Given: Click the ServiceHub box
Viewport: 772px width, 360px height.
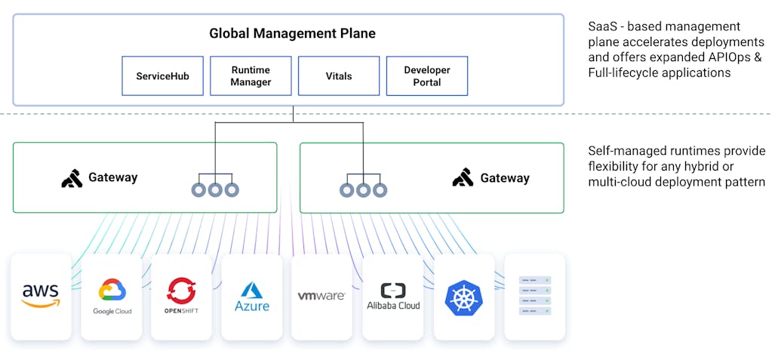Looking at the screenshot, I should (162, 76).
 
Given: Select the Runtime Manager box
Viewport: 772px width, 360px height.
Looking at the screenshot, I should (251, 76).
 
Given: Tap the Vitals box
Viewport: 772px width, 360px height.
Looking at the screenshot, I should (339, 76).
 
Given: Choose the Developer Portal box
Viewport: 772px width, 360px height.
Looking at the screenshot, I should (426, 76).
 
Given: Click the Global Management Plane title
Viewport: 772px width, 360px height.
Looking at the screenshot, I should (292, 34).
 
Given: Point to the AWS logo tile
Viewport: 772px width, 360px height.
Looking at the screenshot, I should (41, 296).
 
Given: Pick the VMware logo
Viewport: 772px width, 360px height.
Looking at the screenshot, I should (321, 296).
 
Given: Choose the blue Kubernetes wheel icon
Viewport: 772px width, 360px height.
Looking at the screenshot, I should (463, 297).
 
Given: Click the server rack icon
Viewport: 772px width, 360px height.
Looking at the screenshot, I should (534, 296).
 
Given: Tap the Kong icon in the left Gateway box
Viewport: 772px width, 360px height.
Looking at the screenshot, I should (72, 178).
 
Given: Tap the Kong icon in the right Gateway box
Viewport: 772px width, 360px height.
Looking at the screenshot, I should (463, 178).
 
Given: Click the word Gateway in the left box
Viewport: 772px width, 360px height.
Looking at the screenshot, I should (113, 178).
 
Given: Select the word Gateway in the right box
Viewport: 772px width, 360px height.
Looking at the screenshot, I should (505, 179).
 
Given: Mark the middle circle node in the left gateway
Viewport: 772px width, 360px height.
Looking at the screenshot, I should (215, 189).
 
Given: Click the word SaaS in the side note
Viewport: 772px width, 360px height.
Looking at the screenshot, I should (601, 27).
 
